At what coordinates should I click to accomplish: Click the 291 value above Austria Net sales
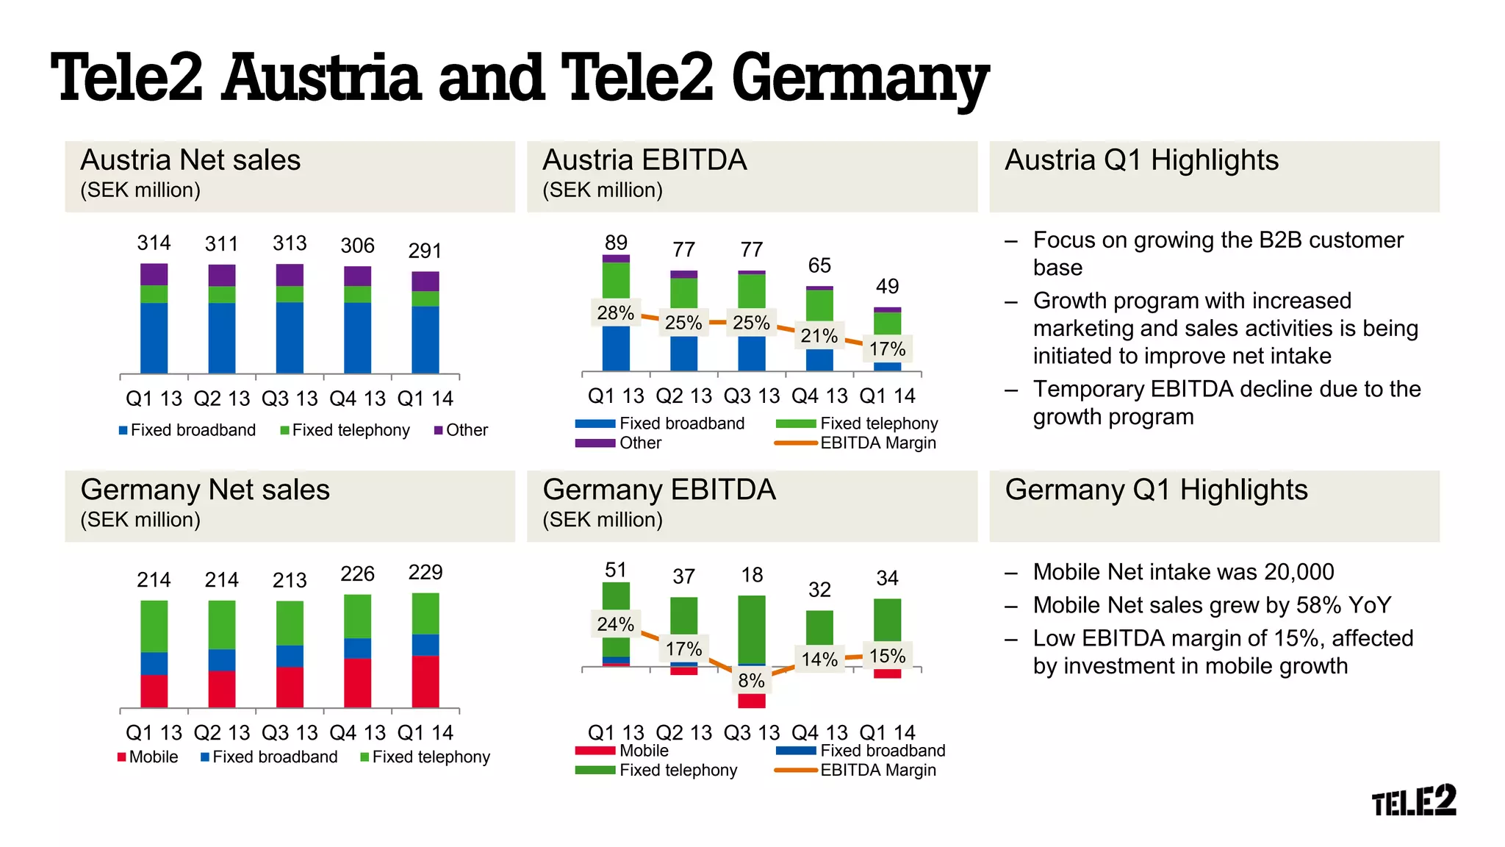(425, 251)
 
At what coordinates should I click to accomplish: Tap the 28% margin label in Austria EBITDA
(615, 313)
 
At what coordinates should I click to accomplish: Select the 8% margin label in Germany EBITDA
(751, 681)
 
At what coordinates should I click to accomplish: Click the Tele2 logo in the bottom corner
(1413, 801)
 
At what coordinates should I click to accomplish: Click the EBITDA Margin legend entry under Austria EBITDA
(877, 443)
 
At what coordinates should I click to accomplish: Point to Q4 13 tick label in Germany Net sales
(357, 733)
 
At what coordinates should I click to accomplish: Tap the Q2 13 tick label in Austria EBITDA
(683, 396)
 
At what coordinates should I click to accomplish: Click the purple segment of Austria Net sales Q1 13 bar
(154, 274)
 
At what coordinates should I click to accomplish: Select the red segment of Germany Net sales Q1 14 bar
(425, 682)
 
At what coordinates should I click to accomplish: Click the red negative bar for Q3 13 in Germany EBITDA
(751, 700)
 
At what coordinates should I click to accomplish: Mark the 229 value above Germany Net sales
(425, 572)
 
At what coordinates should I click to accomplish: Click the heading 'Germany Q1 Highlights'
(1156, 490)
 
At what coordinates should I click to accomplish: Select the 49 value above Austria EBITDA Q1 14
(887, 286)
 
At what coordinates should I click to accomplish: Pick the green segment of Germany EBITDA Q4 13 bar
(819, 627)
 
